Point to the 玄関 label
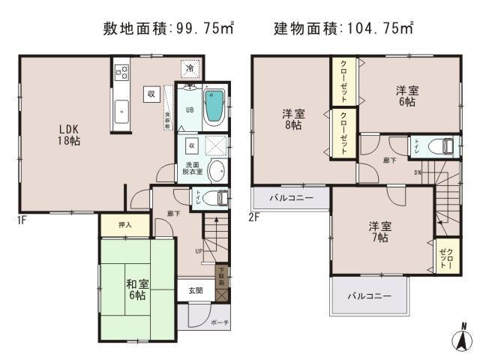[x=194, y=291]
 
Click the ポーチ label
[x=220, y=322]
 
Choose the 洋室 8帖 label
[x=292, y=120]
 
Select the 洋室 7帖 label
[x=379, y=231]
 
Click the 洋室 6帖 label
[x=408, y=96]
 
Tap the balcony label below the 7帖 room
[x=369, y=296]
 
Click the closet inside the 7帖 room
[x=445, y=257]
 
